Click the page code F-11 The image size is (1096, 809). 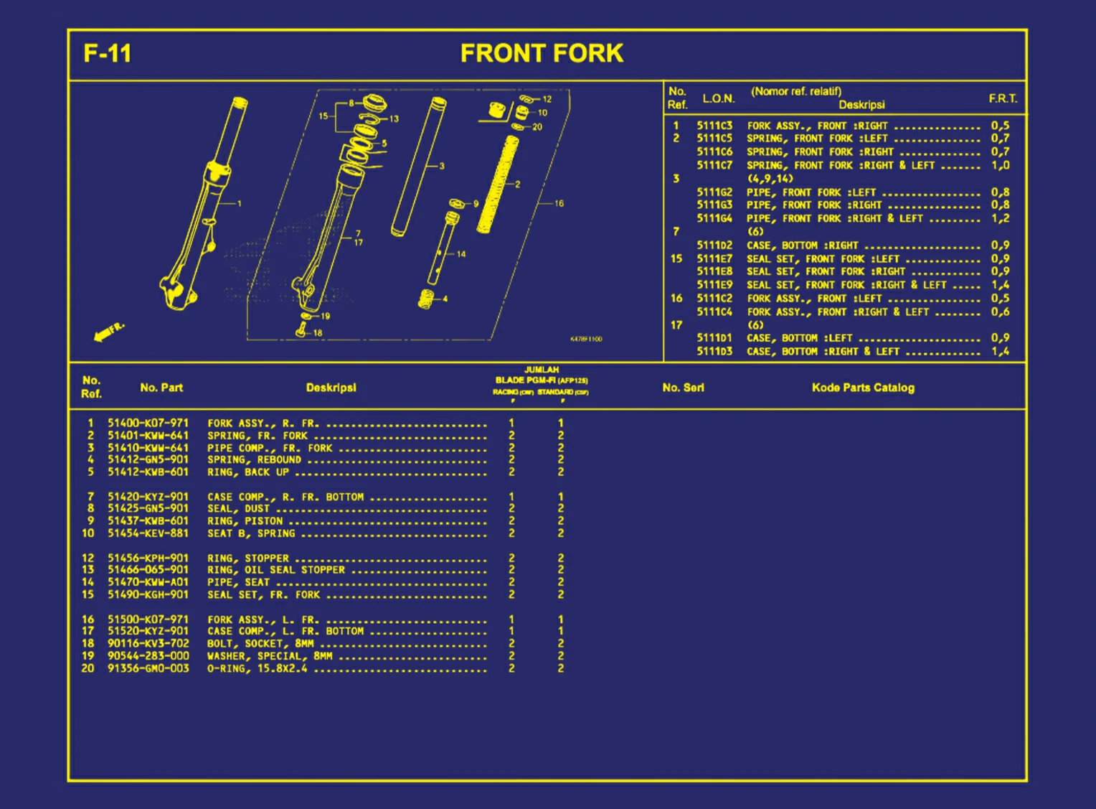[x=108, y=54]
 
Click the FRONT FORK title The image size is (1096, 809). [x=542, y=54]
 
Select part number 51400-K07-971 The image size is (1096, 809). [x=148, y=424]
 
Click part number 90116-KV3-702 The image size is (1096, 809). [x=148, y=644]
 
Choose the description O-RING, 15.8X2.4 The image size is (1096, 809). [x=257, y=668]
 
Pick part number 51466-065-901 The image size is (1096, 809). [x=148, y=570]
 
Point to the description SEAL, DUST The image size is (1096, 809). [x=237, y=509]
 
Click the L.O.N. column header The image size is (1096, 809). [x=718, y=99]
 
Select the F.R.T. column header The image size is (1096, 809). [x=1003, y=99]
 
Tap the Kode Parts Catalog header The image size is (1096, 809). [x=863, y=388]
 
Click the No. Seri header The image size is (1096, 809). [x=683, y=388]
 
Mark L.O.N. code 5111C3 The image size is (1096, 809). [x=714, y=126]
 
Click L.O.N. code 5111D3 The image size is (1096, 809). [x=714, y=352]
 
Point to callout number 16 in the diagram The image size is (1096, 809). [x=559, y=204]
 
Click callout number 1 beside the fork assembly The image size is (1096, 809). [x=240, y=204]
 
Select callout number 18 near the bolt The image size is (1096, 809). [x=318, y=333]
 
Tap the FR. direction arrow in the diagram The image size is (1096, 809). [x=108, y=332]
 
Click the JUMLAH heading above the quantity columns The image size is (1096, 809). [x=542, y=370]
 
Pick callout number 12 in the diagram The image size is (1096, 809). [x=547, y=99]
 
